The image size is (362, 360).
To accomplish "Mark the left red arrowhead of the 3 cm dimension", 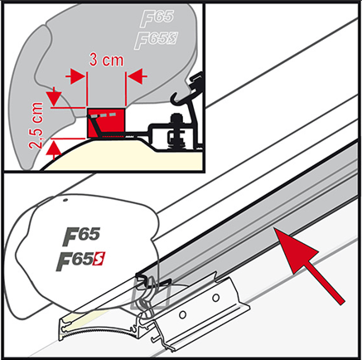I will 80,75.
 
